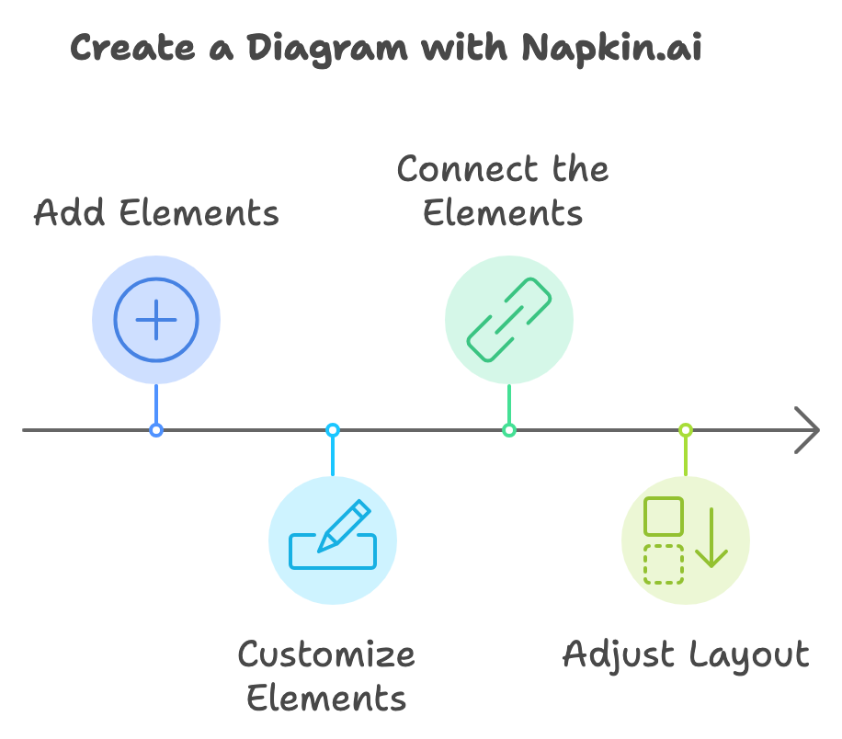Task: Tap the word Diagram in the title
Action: [327, 50]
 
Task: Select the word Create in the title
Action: [132, 47]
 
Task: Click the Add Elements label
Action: [156, 212]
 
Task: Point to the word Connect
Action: [467, 168]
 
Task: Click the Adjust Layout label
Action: [686, 655]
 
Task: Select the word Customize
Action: [326, 654]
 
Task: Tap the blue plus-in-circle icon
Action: [156, 320]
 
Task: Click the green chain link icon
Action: [509, 320]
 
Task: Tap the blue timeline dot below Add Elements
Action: [156, 430]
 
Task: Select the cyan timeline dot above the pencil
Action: [333, 430]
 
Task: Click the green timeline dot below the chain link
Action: [509, 430]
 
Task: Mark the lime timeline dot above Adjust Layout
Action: [686, 430]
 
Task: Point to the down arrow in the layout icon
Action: [711, 537]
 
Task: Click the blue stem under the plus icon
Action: [156, 404]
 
